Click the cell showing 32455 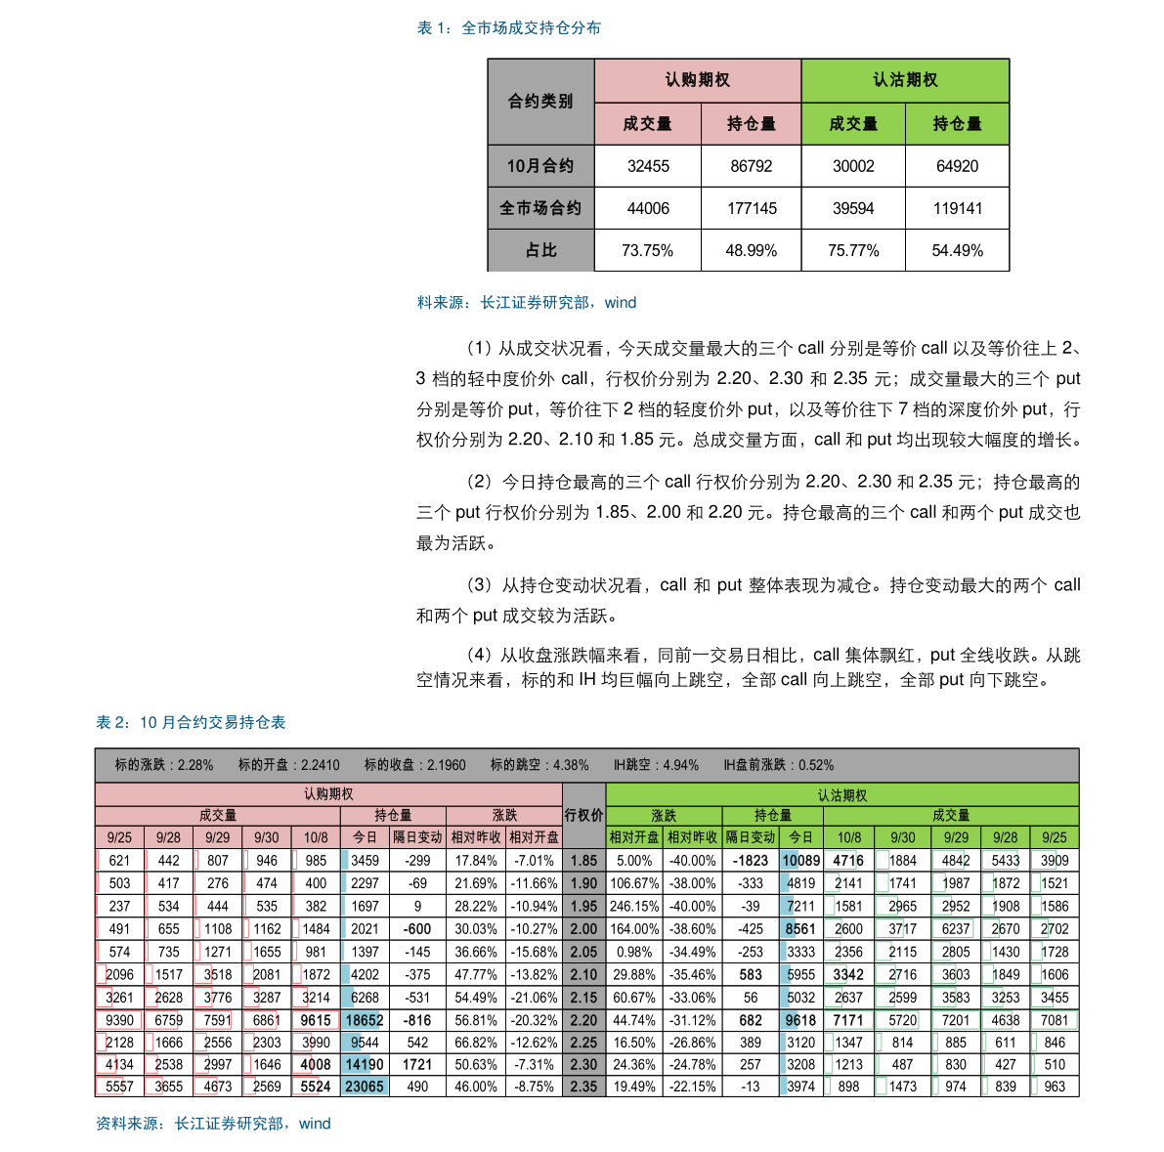(x=648, y=166)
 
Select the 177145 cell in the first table (x=752, y=208)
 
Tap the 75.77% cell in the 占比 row (x=853, y=251)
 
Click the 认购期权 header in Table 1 (x=697, y=80)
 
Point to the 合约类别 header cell (x=540, y=102)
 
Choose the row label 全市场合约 (x=540, y=208)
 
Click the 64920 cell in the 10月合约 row (x=957, y=166)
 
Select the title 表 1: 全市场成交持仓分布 (x=508, y=28)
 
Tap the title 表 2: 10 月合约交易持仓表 (x=191, y=722)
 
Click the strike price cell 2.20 (x=583, y=1021)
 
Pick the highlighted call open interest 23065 (x=364, y=1087)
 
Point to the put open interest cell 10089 (x=800, y=861)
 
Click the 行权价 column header (x=583, y=815)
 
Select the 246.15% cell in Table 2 (x=634, y=907)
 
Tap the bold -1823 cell (x=750, y=861)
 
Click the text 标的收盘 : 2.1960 (x=415, y=765)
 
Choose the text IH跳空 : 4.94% (x=656, y=765)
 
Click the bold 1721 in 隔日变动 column (x=417, y=1064)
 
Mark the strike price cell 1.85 (x=583, y=861)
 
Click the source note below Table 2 (x=213, y=1124)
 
